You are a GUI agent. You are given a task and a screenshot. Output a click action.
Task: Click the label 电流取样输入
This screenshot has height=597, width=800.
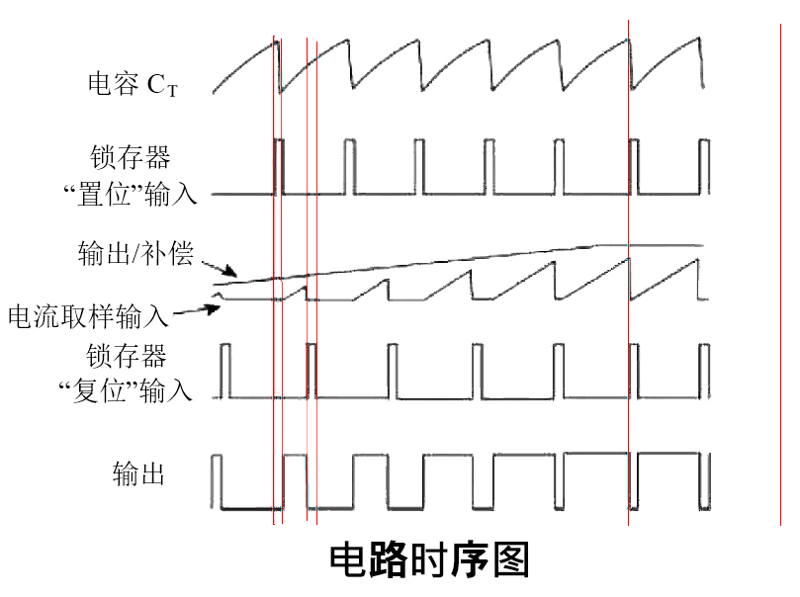[x=87, y=317]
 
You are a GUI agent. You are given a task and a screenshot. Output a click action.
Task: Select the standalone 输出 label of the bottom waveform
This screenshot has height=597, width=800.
[x=138, y=474]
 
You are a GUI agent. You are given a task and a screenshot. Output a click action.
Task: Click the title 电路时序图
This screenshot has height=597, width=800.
[x=429, y=560]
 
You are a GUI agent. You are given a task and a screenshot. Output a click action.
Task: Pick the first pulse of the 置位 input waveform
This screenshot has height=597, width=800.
[x=279, y=166]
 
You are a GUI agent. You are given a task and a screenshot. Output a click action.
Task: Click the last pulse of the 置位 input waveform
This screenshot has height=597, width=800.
[x=705, y=166]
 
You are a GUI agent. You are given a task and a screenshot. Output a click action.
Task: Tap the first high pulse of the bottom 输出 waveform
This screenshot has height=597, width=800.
[x=218, y=480]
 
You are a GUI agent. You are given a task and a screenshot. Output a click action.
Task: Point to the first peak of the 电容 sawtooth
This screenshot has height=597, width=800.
[x=276, y=40]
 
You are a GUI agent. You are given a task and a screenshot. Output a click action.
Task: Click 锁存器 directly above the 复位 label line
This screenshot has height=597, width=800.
[x=126, y=356]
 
